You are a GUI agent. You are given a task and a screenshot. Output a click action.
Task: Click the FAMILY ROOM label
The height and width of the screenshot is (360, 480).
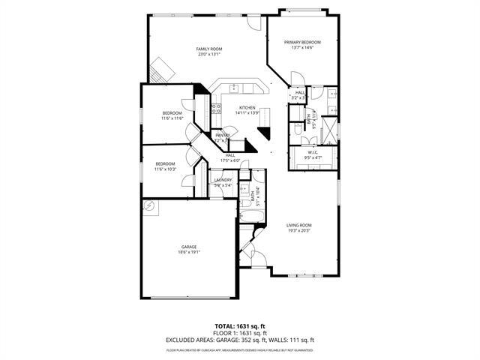210,49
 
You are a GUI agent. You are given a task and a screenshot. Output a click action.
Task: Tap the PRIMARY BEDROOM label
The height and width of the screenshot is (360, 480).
302,43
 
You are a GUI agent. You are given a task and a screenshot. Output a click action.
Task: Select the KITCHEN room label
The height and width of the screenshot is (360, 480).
247,108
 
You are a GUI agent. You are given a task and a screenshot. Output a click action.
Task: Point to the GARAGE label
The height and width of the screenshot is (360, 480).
188,247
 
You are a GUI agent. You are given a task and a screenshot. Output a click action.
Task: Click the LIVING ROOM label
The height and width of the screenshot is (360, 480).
298,225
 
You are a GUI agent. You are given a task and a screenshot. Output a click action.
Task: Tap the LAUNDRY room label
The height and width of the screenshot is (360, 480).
223,180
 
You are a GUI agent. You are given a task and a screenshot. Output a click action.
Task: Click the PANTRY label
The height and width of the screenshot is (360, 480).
223,136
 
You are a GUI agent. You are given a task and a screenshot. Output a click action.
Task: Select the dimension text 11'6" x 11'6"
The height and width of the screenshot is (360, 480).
172,118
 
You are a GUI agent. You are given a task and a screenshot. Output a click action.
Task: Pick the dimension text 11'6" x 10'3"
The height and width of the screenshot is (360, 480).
165,169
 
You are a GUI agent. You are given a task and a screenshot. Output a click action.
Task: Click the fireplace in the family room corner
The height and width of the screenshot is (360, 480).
161,71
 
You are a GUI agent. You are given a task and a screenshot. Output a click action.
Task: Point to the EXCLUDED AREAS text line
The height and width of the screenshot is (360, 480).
240,340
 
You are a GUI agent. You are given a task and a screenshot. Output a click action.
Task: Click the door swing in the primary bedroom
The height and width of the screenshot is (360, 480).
297,79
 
